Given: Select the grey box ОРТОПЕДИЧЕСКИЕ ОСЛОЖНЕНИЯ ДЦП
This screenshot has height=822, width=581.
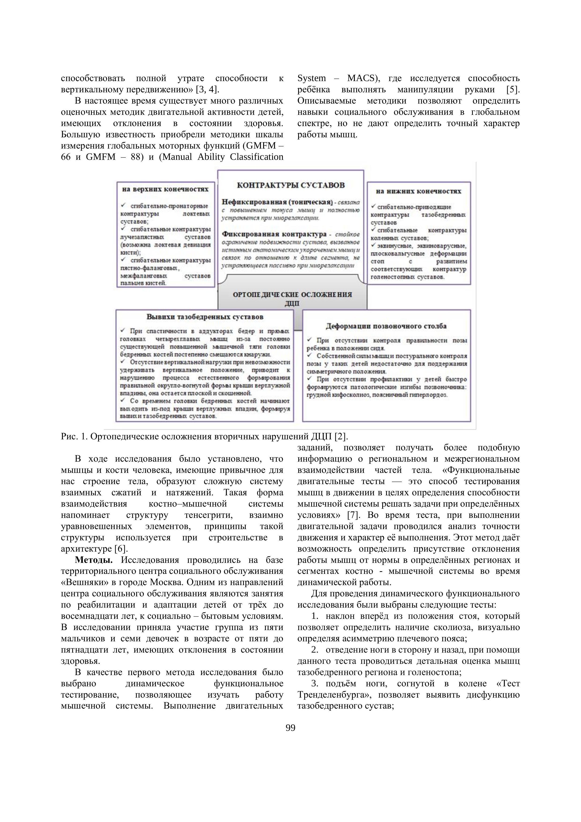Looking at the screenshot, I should pos(292,299).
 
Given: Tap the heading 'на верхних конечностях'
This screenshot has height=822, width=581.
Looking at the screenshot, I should pos(165,189).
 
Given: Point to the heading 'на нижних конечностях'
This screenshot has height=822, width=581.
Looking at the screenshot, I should pos(418,191).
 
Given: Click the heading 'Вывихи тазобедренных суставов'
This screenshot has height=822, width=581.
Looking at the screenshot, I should pos(205,317).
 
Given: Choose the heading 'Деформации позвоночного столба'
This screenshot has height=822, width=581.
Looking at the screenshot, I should pos(386,326).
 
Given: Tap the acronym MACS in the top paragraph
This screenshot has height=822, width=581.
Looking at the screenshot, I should pos(361,78).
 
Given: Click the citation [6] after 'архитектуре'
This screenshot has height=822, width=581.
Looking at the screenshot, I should pos(121,549).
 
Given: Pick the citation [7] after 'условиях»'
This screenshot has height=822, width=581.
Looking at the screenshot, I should pos(353,515).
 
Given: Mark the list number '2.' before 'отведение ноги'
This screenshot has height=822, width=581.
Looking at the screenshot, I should pos(315,650).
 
